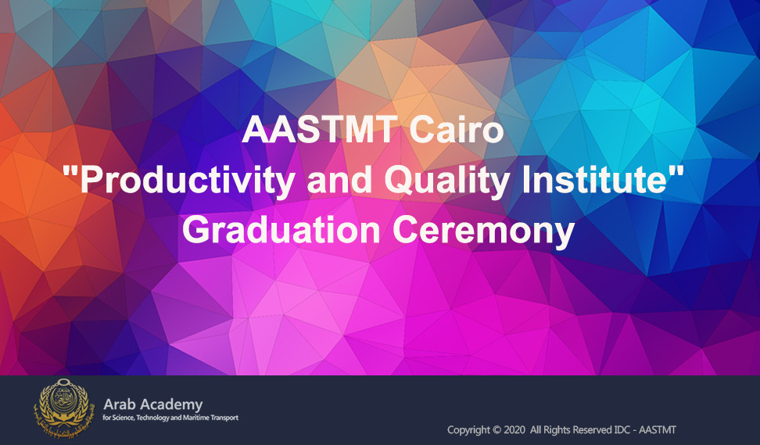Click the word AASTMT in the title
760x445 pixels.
[318, 130]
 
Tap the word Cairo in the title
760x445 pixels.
[457, 130]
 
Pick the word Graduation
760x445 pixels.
[281, 230]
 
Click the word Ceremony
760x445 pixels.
[483, 231]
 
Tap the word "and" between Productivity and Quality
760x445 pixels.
[339, 179]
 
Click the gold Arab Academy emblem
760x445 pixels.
[62, 408]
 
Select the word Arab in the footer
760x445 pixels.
[120, 404]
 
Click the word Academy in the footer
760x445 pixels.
[171, 405]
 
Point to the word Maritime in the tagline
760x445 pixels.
[198, 418]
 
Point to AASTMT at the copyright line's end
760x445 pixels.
[658, 430]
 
